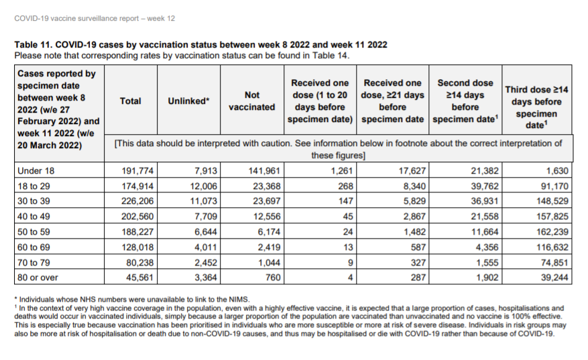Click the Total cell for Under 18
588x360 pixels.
[137, 171]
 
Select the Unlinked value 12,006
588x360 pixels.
[203, 186]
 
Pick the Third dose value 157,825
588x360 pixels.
[552, 217]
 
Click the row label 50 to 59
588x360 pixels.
[34, 232]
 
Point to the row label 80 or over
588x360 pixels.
[38, 278]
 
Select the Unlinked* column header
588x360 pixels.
[188, 101]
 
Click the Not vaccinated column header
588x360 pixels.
[251, 101]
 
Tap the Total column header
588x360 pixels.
[131, 101]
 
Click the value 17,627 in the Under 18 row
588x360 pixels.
[412, 171]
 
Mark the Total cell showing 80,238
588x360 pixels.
[139, 263]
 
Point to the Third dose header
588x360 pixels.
[536, 107]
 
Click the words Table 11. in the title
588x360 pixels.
[34, 45]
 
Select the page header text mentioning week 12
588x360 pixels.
[95, 18]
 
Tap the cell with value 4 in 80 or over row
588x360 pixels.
[350, 278]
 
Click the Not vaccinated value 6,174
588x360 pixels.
[268, 232]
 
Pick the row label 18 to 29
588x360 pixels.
[34, 186]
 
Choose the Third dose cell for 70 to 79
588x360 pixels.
[554, 263]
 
